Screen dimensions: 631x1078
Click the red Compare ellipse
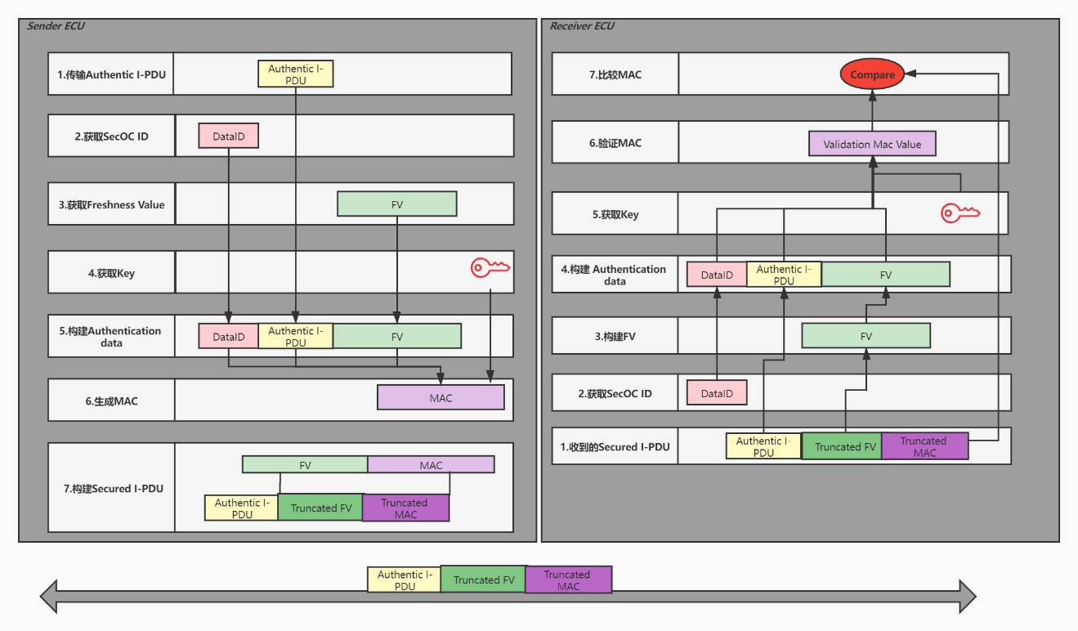872,74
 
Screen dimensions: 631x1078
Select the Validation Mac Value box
871,144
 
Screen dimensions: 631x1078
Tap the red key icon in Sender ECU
490,267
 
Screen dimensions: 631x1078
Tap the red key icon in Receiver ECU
959,213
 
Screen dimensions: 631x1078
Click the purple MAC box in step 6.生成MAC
441,398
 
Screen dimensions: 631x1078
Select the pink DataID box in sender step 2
228,136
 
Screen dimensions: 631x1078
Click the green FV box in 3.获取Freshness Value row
396,204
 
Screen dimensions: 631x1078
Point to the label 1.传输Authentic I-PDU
111,74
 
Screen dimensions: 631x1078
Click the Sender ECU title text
56,26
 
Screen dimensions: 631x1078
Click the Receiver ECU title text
582,26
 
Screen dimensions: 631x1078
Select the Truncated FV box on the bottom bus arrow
483,580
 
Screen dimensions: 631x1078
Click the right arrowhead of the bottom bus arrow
967,596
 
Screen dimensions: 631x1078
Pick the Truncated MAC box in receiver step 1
924,446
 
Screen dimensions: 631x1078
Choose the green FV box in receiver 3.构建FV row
866,336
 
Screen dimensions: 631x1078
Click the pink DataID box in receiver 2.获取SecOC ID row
717,393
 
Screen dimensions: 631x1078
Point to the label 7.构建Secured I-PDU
113,488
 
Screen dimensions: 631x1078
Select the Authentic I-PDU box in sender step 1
295,74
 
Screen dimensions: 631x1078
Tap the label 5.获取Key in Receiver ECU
615,214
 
